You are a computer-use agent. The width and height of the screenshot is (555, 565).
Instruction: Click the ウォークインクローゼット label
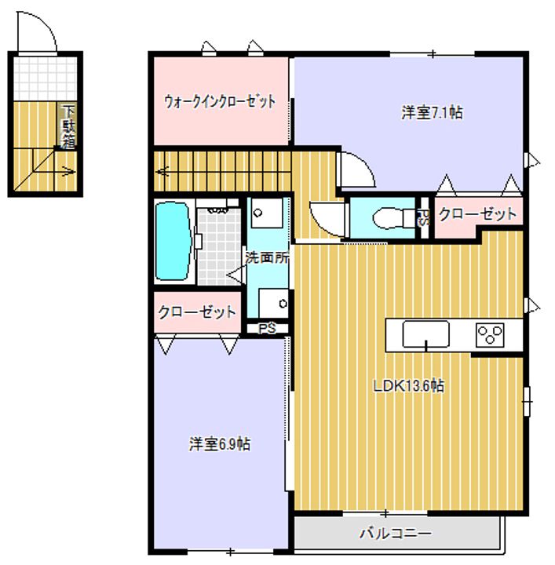click(220, 101)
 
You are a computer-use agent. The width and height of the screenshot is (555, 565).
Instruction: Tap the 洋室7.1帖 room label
click(432, 113)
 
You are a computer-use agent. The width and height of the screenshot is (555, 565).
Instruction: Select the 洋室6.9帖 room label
click(220, 444)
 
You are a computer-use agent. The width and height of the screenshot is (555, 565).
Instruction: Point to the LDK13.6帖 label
click(408, 386)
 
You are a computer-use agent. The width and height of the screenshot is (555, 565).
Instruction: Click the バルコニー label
click(395, 534)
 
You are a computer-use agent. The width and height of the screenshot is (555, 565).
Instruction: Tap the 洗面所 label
click(267, 257)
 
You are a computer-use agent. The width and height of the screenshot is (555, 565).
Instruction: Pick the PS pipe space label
click(267, 328)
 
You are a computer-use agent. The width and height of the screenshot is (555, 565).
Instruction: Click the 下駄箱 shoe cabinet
click(68, 126)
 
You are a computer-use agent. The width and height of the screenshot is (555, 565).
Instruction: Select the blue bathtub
click(173, 241)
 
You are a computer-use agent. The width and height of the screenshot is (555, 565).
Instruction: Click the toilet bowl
click(389, 218)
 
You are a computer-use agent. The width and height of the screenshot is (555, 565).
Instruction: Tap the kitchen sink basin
click(425, 334)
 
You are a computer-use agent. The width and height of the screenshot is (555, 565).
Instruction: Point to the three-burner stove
click(490, 335)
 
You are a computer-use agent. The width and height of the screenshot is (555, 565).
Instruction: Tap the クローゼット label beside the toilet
click(478, 214)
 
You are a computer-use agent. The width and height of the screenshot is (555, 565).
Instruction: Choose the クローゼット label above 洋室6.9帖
click(197, 312)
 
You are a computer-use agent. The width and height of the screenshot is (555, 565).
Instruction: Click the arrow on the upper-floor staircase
click(163, 171)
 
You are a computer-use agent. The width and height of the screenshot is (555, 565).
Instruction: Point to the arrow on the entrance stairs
click(68, 171)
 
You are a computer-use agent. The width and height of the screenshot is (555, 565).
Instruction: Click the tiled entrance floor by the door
click(46, 78)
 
